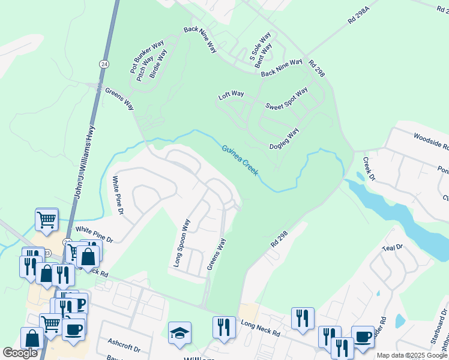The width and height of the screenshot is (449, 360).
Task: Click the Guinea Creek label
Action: (x=240, y=160)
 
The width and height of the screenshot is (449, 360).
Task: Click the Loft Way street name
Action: (x=231, y=95)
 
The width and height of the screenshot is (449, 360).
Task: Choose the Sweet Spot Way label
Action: (x=286, y=98)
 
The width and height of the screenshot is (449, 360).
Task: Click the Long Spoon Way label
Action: (x=182, y=242)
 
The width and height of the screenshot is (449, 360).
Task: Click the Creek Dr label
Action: (x=368, y=169)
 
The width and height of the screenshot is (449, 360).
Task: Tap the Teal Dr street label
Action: (x=392, y=247)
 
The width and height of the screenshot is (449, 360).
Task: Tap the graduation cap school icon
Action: (x=179, y=333)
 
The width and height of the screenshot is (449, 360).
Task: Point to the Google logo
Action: (x=20, y=353)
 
